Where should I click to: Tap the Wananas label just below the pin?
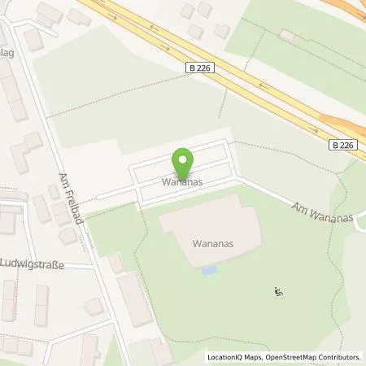(181, 182)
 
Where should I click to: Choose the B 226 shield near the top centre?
(200, 68)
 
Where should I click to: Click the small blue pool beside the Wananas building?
(209, 269)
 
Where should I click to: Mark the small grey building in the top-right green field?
(286, 36)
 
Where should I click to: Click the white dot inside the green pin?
(184, 158)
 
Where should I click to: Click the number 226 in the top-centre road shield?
(204, 68)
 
